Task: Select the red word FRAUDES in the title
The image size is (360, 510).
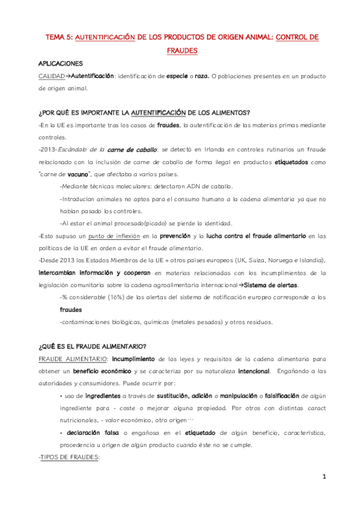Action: click(x=182, y=51)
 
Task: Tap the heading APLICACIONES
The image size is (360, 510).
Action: click(x=61, y=63)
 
